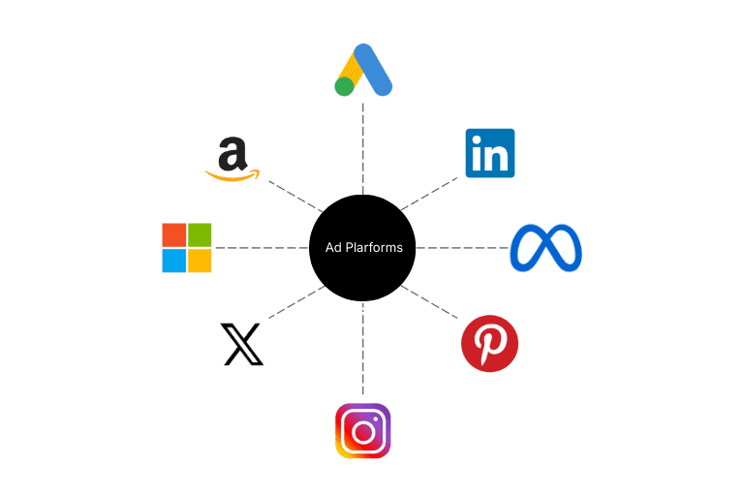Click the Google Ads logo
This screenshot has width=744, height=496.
pyautogui.click(x=363, y=71)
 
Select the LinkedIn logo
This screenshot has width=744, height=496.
pyautogui.click(x=489, y=153)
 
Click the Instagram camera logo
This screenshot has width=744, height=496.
pyautogui.click(x=362, y=431)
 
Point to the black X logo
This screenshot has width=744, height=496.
pyautogui.click(x=242, y=345)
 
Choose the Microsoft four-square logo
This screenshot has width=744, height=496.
pyautogui.click(x=186, y=248)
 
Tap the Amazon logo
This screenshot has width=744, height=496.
pyautogui.click(x=232, y=159)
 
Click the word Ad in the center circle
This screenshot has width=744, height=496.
pyautogui.click(x=333, y=248)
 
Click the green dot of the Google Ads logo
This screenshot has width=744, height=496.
pyautogui.click(x=344, y=87)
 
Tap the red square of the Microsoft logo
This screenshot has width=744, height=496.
pyautogui.click(x=173, y=234)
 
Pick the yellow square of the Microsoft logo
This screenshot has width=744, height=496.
pyautogui.click(x=200, y=261)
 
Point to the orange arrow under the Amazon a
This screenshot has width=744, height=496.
pyautogui.click(x=233, y=175)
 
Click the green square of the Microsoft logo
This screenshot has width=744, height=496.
pyautogui.click(x=200, y=234)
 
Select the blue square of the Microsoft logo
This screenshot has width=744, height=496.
pyautogui.click(x=173, y=261)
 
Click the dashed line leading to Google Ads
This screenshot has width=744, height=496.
pyautogui.click(x=363, y=145)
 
